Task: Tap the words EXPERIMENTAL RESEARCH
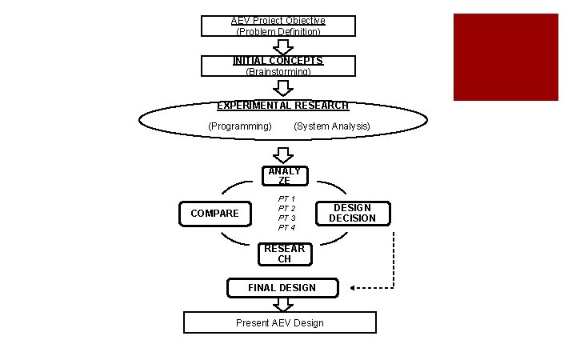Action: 282,106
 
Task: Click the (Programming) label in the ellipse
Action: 239,126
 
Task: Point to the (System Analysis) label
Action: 331,126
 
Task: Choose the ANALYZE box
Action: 284,176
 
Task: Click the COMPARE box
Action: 214,214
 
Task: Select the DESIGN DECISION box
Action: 352,213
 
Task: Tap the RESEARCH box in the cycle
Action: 284,254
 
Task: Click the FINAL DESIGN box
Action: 282,288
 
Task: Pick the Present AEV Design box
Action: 279,322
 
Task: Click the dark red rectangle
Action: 506,57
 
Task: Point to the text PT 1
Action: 286,198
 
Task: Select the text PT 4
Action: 286,228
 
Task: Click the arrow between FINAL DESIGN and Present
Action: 282,304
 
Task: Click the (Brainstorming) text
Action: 278,72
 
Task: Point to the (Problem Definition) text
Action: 278,32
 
